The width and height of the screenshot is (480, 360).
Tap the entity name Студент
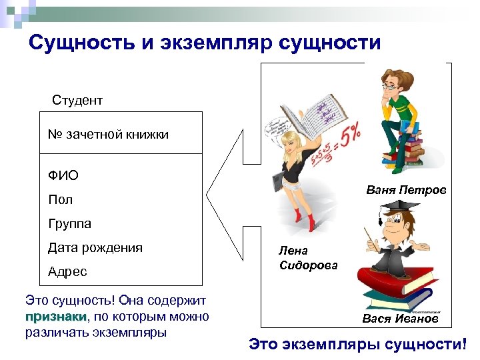[77, 101]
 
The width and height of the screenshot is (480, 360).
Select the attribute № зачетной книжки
[108, 135]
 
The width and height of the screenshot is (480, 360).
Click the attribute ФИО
[63, 175]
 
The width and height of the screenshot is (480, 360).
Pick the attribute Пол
[60, 199]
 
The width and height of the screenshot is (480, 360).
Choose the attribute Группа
[69, 223]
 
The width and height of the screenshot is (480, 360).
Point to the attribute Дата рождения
[95, 248]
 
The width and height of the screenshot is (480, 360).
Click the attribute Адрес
[67, 272]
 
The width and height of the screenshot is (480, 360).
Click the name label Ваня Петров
[406, 191]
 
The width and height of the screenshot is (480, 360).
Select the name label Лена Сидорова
[307, 258]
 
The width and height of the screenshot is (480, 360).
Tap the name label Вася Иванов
[400, 319]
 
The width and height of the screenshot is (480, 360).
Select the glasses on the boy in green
[389, 86]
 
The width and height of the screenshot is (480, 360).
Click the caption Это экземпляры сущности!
[358, 345]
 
